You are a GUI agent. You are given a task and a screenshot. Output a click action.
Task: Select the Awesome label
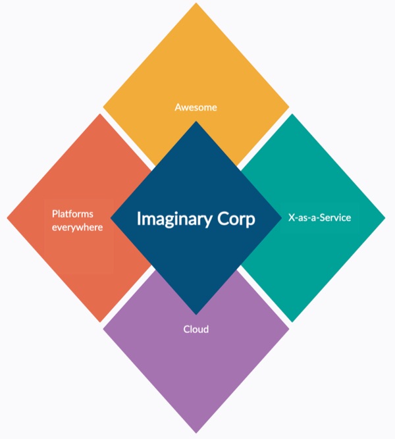(x=196, y=107)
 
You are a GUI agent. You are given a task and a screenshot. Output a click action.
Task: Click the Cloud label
(x=196, y=328)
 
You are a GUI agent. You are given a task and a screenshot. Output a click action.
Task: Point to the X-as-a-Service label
(x=320, y=217)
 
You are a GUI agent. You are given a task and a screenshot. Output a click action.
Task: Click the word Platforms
(x=72, y=214)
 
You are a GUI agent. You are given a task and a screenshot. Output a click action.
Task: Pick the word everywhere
(x=78, y=228)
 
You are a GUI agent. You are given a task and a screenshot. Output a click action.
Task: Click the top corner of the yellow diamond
(x=196, y=4)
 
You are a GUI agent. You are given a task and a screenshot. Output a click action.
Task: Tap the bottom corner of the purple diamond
(x=196, y=432)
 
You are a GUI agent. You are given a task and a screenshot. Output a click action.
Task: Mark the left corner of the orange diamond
(x=8, y=218)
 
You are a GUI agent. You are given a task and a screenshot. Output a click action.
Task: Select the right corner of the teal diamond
(x=384, y=218)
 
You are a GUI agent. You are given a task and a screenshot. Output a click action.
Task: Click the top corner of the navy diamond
(x=196, y=122)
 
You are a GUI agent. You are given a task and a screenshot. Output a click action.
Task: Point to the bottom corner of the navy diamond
(x=196, y=314)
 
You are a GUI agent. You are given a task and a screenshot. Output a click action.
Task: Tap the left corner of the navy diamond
(x=111, y=218)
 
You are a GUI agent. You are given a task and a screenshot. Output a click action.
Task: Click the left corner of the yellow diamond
(x=104, y=107)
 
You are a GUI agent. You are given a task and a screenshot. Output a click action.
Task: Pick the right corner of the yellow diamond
(x=288, y=107)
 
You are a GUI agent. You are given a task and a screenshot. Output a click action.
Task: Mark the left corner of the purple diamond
(x=104, y=328)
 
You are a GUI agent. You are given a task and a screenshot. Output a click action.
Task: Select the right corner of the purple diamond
(x=288, y=328)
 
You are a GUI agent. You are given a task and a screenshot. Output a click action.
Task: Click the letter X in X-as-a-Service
(x=292, y=217)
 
